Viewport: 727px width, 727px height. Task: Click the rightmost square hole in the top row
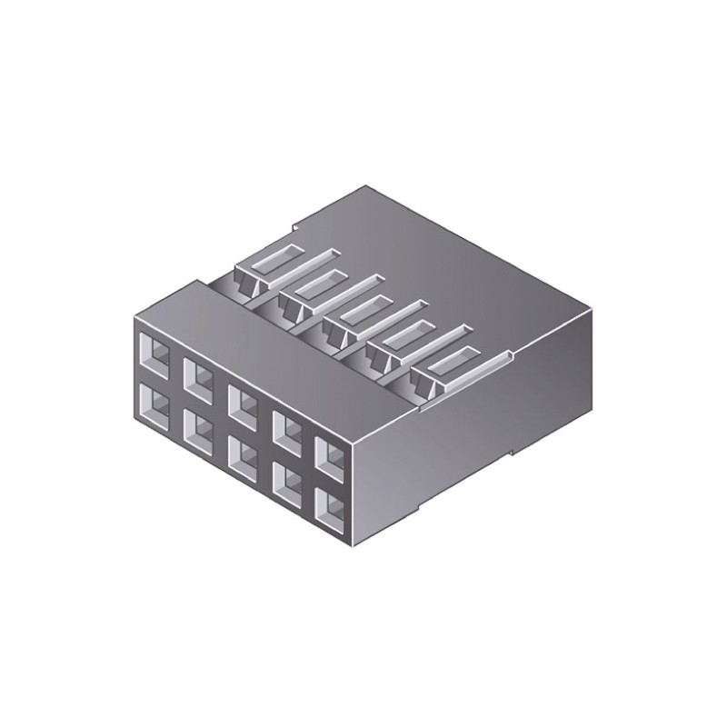(x=330, y=455)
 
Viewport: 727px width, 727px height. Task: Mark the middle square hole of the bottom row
(x=243, y=452)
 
